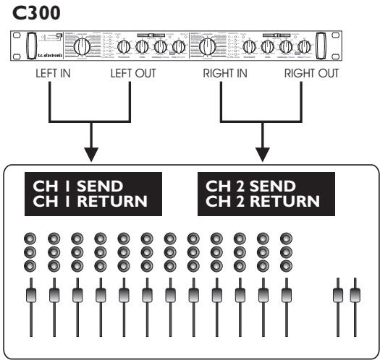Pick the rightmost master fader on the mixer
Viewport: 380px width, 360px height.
[354, 295]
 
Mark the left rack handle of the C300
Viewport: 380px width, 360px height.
[30, 46]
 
